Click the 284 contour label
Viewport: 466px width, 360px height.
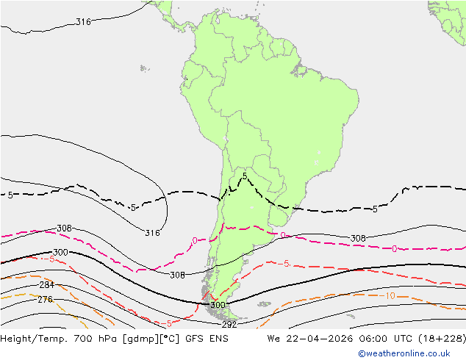point(46,285)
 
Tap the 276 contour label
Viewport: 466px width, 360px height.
point(45,300)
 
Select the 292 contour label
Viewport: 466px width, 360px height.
point(229,324)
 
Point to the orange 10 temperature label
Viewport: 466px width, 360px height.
point(389,295)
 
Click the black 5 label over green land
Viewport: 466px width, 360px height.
point(244,176)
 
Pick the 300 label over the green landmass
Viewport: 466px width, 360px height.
point(218,305)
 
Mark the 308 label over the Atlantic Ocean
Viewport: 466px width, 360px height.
point(358,239)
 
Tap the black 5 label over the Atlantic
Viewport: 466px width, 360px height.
point(375,209)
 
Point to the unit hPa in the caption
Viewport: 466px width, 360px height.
point(114,339)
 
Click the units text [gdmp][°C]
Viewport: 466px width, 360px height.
point(159,339)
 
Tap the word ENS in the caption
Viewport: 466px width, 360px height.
point(219,339)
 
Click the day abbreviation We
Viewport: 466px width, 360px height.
point(273,339)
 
